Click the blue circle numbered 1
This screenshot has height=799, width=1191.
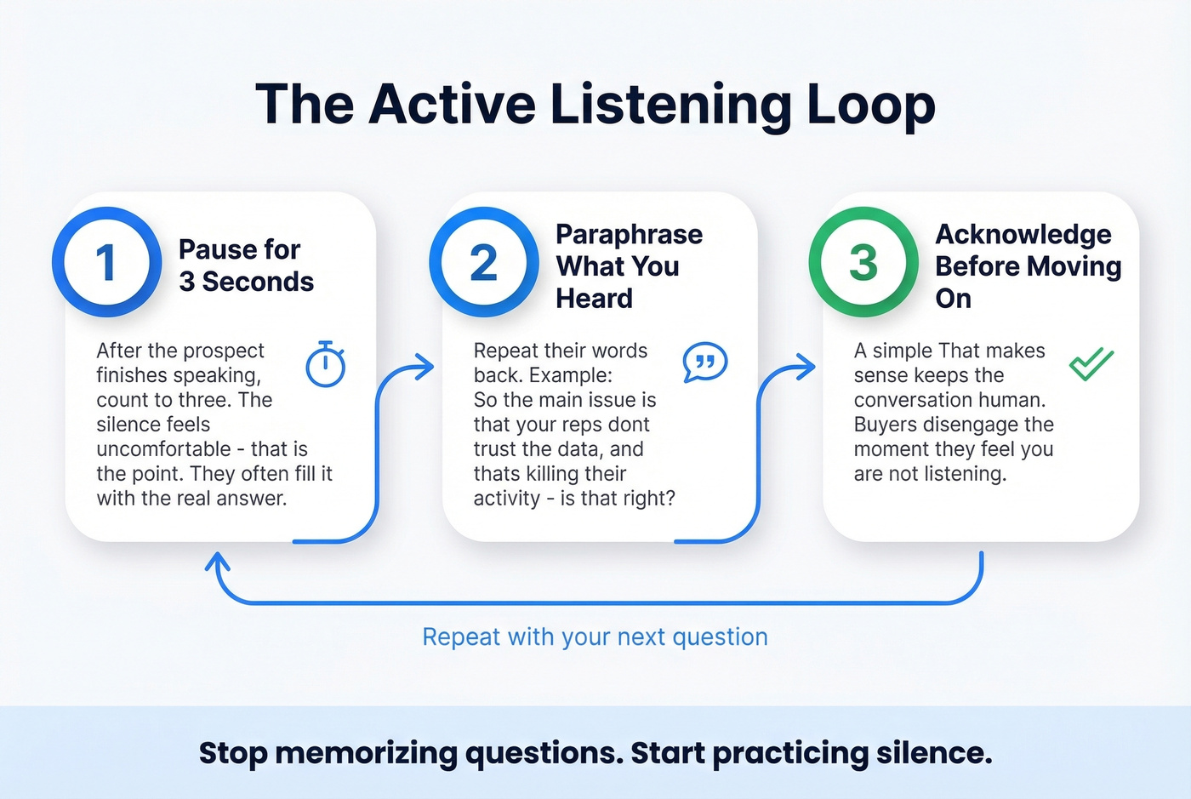click(x=106, y=262)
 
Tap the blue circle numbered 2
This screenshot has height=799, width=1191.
click(x=483, y=262)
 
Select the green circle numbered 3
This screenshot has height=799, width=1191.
click(x=863, y=262)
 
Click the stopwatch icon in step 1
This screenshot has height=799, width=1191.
click(x=325, y=365)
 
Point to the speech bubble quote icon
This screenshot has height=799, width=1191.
click(x=704, y=362)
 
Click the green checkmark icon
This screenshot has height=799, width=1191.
click(x=1091, y=364)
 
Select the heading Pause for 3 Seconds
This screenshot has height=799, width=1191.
click(x=246, y=265)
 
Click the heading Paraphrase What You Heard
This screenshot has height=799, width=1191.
click(x=629, y=265)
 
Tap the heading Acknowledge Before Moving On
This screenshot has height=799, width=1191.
click(x=1028, y=265)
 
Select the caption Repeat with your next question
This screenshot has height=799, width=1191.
click(x=595, y=636)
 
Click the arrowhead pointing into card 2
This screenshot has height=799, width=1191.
click(x=425, y=368)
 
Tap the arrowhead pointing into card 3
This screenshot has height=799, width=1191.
click(x=806, y=368)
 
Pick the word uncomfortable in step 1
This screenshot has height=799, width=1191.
click(x=163, y=448)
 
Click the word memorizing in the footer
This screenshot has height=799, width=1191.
click(x=366, y=753)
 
